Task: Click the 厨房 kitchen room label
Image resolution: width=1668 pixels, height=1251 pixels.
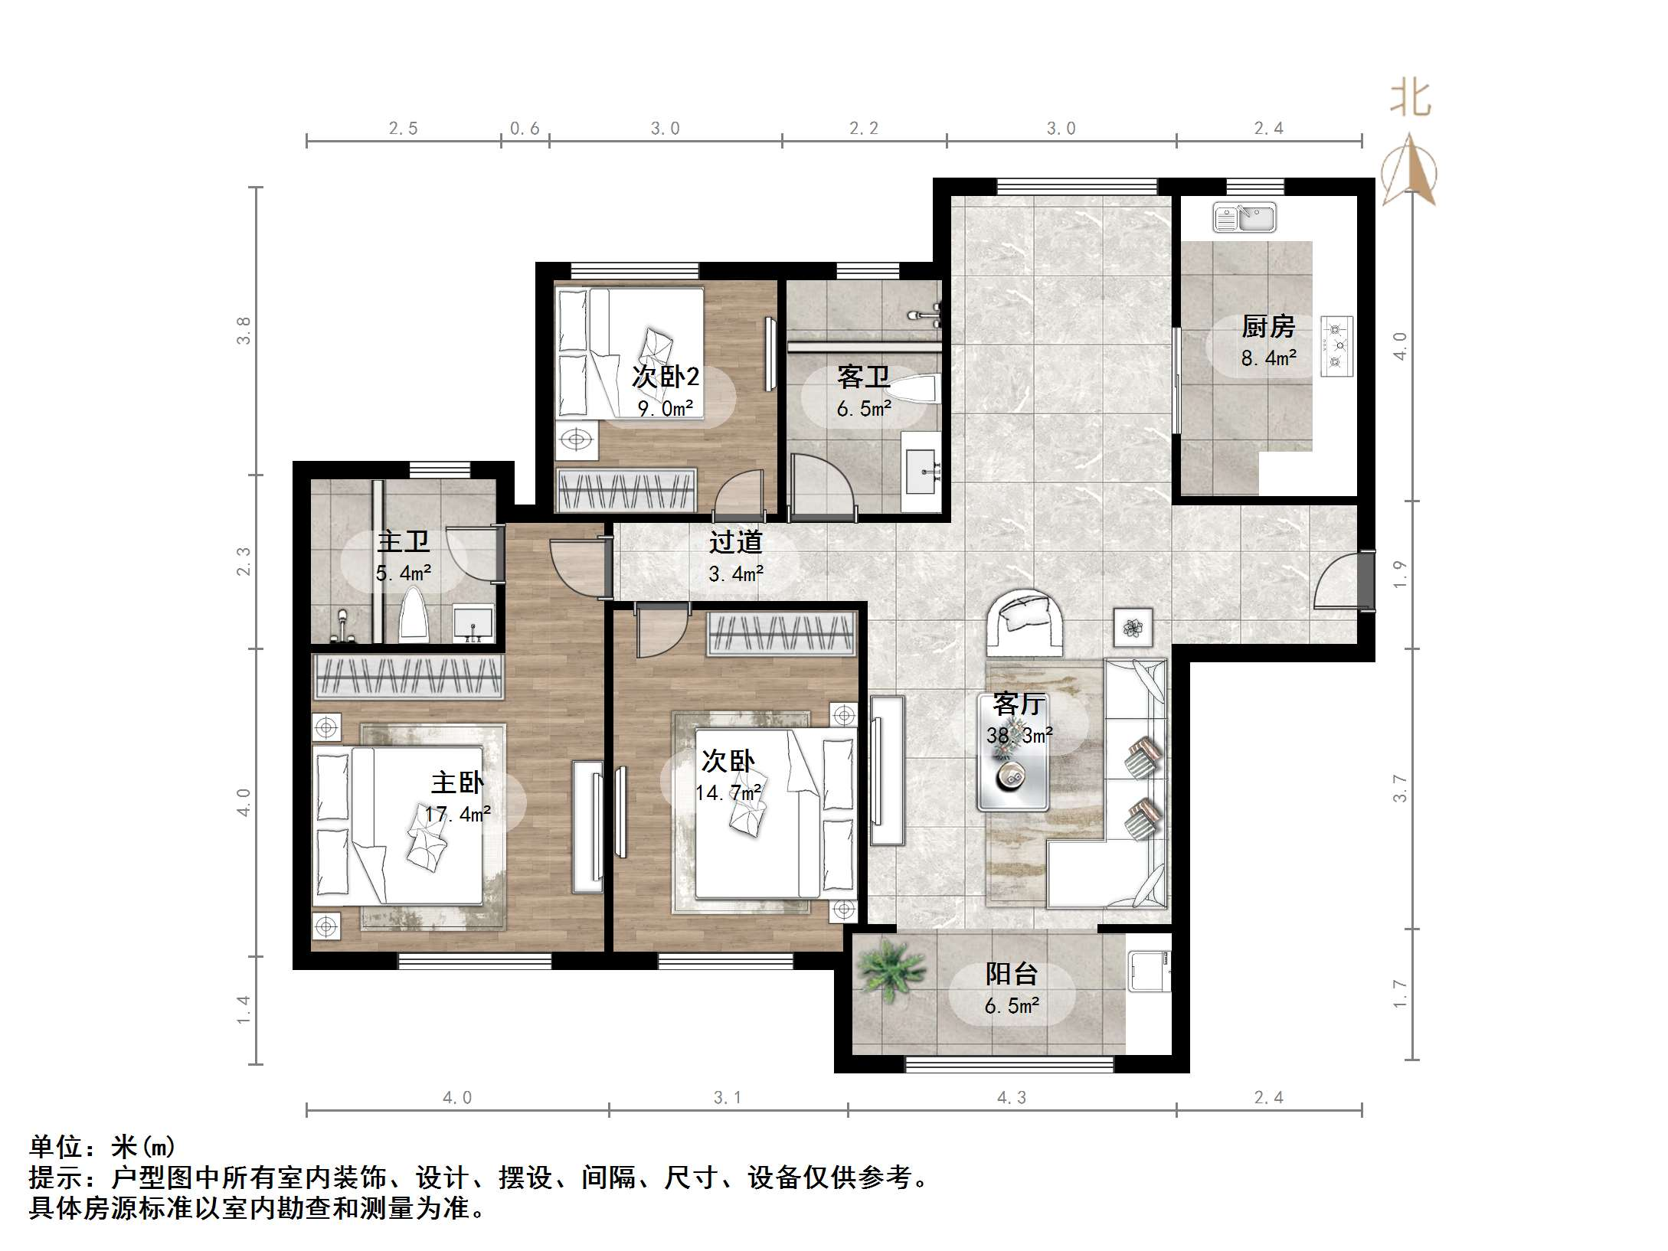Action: [x=1268, y=327]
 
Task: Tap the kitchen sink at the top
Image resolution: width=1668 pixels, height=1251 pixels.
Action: [x=1244, y=217]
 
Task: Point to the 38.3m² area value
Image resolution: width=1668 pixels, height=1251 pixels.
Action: [x=1019, y=736]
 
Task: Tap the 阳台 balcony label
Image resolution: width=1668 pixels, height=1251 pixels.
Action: [x=1012, y=974]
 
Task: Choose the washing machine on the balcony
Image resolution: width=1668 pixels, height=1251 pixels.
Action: [x=1150, y=972]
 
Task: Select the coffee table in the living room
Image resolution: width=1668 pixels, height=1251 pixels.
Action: [x=1013, y=753]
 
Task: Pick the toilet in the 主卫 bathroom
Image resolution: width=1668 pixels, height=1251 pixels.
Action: [x=414, y=614]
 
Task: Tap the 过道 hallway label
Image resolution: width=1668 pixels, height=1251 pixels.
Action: [x=735, y=542]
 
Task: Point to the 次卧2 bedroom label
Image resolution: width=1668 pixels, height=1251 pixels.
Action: [x=666, y=377]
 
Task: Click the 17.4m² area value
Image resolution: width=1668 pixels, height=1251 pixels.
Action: [x=458, y=814]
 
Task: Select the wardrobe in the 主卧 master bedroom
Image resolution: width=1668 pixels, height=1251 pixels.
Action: [x=408, y=676]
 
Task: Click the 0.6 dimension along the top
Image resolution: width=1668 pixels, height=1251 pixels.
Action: [x=525, y=129]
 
